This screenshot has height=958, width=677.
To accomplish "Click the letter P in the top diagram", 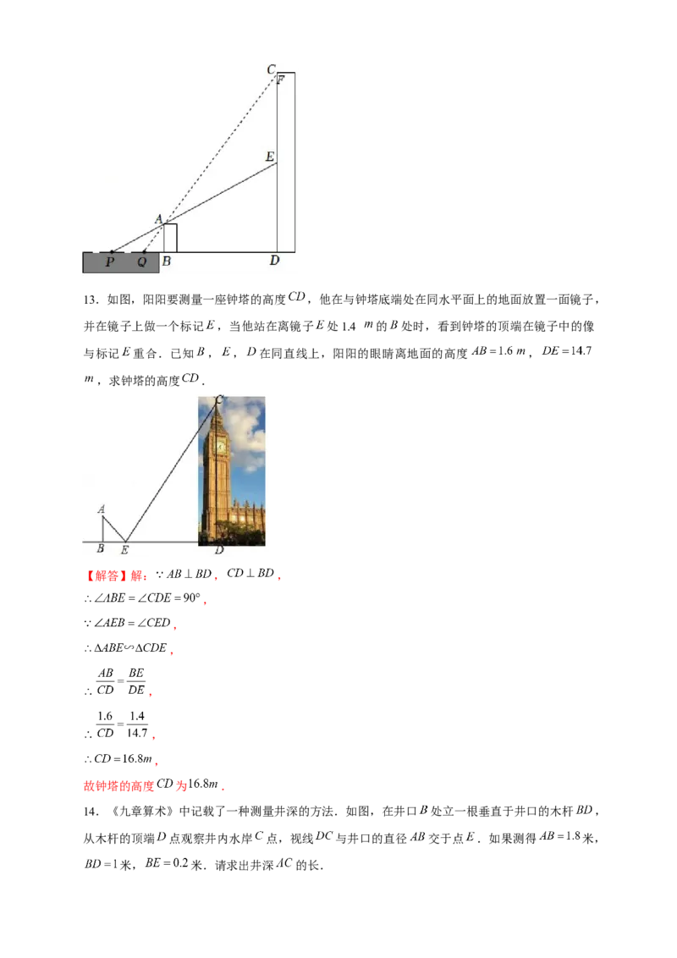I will click(x=110, y=262).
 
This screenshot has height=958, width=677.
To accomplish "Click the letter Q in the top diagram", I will click(x=141, y=262).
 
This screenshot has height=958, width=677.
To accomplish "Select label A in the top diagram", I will click(x=158, y=219).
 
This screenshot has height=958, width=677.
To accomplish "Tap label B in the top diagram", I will click(x=166, y=262).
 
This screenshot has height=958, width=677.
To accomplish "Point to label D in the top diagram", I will click(x=274, y=261).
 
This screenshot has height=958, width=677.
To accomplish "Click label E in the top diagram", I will click(x=270, y=157).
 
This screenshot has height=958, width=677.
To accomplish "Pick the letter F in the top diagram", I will click(x=280, y=80).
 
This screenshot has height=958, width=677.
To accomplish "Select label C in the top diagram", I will click(x=271, y=69).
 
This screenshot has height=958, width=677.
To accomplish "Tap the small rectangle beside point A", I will click(x=170, y=238).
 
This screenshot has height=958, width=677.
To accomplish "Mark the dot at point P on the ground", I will click(x=112, y=252).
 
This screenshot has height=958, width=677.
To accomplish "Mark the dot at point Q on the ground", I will click(x=145, y=252).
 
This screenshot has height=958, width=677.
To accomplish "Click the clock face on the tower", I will click(x=220, y=447).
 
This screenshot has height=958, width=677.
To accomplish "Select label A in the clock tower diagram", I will click(x=101, y=509).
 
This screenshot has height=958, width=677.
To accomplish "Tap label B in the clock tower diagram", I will click(x=101, y=549).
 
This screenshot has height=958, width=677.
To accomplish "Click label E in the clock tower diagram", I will click(x=124, y=550).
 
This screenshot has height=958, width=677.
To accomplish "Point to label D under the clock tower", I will click(x=219, y=550).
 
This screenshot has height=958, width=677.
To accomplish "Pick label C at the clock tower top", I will click(x=219, y=399).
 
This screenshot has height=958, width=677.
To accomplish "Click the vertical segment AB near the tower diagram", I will click(x=103, y=529).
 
